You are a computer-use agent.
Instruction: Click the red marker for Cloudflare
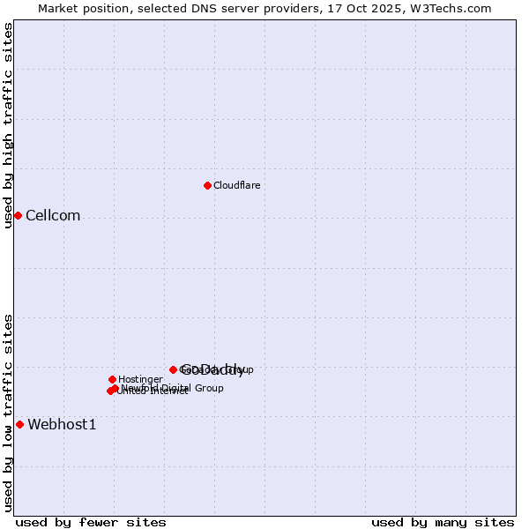pos(207,185)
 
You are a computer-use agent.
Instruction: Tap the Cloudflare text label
pos(236,185)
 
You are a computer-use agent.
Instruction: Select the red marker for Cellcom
pos(18,215)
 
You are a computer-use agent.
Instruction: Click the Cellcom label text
pos(53,216)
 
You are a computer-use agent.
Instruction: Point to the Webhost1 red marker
pos(19,424)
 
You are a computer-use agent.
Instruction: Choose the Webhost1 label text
pos(62,425)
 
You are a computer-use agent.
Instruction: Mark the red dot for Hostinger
pos(112,379)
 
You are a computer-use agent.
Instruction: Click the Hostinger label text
pos(140,379)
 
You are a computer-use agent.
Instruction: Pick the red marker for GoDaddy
pos(173,369)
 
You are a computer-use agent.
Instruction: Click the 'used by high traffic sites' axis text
pos(9,125)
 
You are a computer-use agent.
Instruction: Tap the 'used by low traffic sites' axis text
pos(9,413)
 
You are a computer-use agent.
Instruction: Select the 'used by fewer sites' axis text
pos(91,522)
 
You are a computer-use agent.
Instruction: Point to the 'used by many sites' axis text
pos(443,522)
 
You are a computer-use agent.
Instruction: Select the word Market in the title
pos(58,8)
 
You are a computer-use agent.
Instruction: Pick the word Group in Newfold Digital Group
pos(208,388)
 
